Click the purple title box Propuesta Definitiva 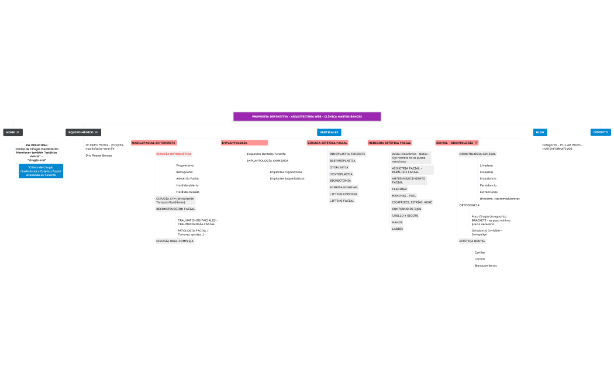point(307,116)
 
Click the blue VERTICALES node point(329,132)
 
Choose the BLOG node point(540,132)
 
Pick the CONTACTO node point(601,132)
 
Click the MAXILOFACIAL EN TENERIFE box point(154,143)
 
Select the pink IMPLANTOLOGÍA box point(244,143)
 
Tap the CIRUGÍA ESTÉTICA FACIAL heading point(327,143)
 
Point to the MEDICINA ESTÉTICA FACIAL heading point(389,143)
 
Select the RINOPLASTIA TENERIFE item point(347,154)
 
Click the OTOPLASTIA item point(339,167)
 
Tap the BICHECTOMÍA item point(340,181)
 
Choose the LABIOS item point(397,229)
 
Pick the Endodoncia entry point(488,178)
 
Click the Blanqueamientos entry point(485,265)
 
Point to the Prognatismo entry point(185,165)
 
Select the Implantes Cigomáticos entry point(286,172)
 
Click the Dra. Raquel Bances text point(98,156)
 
